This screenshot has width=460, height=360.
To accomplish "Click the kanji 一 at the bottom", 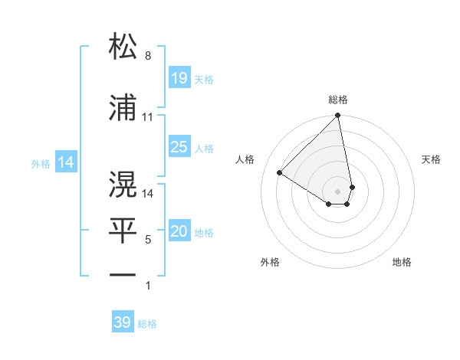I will coord(123,275).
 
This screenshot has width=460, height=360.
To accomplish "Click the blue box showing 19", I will coord(179,77).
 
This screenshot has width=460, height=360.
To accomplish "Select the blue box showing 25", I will coord(179,147).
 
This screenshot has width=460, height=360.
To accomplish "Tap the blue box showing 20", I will coord(179,232).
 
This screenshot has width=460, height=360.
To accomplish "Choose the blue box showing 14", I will coord(66,162).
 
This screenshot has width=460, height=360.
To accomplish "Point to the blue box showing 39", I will coord(123,322).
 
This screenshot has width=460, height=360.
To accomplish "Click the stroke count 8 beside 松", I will coord(148,56).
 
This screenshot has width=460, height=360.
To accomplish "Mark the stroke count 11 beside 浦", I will coord(148,117).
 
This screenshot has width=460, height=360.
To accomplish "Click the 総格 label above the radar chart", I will coord(338,100).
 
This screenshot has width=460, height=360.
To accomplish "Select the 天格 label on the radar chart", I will coord(432,159).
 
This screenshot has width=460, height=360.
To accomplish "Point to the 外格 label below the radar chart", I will coord(270,262).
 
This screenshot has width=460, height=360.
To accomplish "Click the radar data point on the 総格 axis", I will coord(338,116).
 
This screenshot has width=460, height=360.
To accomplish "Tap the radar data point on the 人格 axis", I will coord(280,172).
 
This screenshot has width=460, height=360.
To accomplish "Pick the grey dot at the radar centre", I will coord(338,191).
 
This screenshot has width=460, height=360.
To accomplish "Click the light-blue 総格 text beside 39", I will coord(147,324).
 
